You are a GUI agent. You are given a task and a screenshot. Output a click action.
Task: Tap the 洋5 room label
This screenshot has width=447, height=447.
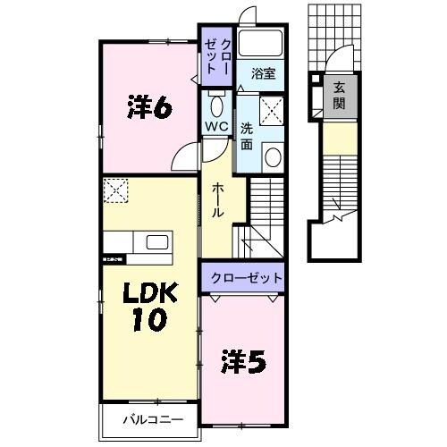[243, 361]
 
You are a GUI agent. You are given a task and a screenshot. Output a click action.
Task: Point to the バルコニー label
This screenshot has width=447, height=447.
[153, 418]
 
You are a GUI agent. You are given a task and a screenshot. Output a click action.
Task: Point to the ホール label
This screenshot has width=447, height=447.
[218, 201]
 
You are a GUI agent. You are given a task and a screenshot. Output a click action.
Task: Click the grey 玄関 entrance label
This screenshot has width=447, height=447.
[340, 97]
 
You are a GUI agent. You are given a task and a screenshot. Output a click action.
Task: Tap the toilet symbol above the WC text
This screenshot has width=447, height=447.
[215, 99]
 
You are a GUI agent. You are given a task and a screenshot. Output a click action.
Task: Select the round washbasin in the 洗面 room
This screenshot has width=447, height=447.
[274, 157]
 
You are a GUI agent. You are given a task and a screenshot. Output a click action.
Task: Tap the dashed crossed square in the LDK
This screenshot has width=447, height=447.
[115, 190]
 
